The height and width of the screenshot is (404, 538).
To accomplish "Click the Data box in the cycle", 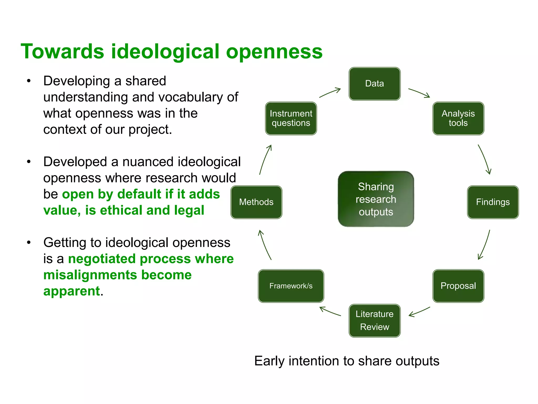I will [375, 84].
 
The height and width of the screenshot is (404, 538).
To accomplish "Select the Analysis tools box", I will [458, 118].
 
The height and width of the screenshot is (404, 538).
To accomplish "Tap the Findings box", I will [493, 202].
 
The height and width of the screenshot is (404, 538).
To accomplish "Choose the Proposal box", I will [458, 286].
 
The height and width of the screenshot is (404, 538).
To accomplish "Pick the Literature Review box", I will [375, 321].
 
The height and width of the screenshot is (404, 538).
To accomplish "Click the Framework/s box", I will [291, 286].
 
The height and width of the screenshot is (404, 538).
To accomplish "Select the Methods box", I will [256, 202].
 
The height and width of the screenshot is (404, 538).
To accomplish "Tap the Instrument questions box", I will [291, 118].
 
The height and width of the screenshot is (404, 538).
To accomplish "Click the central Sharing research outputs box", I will [376, 199].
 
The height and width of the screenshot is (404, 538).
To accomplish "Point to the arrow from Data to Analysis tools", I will [419, 93].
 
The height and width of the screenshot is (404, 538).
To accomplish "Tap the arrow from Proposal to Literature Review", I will [419, 312].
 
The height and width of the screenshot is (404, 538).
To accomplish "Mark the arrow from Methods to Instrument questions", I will [265, 159].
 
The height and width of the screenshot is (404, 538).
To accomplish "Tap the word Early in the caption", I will [269, 361].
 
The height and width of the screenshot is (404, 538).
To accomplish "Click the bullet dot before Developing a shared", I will [29, 81].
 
